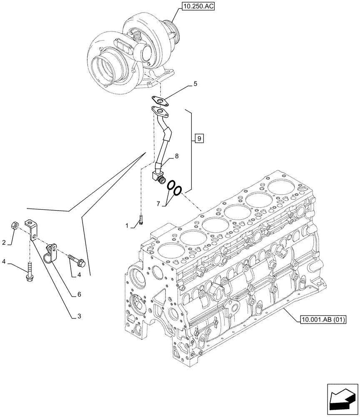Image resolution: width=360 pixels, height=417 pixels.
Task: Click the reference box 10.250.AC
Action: pyautogui.click(x=198, y=7)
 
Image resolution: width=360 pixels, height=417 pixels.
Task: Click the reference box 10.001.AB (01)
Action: pyautogui.click(x=323, y=320)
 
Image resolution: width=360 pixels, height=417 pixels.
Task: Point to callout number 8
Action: pyautogui.click(x=177, y=156)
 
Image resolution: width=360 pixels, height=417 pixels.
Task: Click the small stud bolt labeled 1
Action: pyautogui.click(x=141, y=219)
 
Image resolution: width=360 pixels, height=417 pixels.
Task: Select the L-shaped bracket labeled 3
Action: pyautogui.click(x=32, y=230)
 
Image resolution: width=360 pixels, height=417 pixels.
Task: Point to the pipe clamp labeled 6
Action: pyautogui.click(x=51, y=252)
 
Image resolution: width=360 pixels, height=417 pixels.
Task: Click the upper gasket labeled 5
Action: pyautogui.click(x=160, y=100)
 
